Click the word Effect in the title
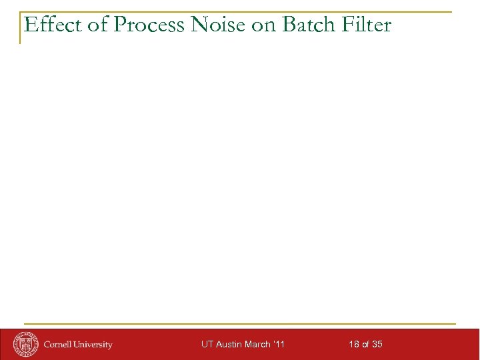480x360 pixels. pos(45,25)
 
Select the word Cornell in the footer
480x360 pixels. pos(59,345)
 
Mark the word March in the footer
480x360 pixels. pos(259,344)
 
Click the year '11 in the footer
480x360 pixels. pos(279,344)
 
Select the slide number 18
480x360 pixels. pos(354,344)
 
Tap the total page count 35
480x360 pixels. pos(377,344)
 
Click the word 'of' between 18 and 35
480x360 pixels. pos(365,344)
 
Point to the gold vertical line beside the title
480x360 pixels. pos(20,27)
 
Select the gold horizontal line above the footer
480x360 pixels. pos(240,324)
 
